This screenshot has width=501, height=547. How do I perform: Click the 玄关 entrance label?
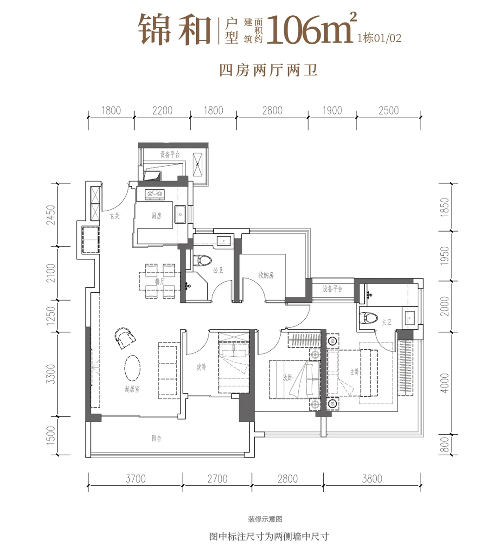(115, 215)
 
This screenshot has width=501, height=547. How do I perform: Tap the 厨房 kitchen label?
(156, 216)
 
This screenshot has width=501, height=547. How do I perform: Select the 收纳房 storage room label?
(266, 275)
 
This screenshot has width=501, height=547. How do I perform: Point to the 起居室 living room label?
(132, 390)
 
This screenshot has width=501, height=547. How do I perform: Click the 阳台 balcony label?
(156, 438)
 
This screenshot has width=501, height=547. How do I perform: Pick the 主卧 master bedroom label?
(355, 372)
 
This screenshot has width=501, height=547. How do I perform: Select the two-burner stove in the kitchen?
(155, 194)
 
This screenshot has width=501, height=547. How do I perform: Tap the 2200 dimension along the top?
(162, 110)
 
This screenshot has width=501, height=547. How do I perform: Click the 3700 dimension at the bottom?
(135, 478)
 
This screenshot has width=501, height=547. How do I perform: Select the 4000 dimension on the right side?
(445, 383)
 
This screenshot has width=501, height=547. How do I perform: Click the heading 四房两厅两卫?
(268, 71)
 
